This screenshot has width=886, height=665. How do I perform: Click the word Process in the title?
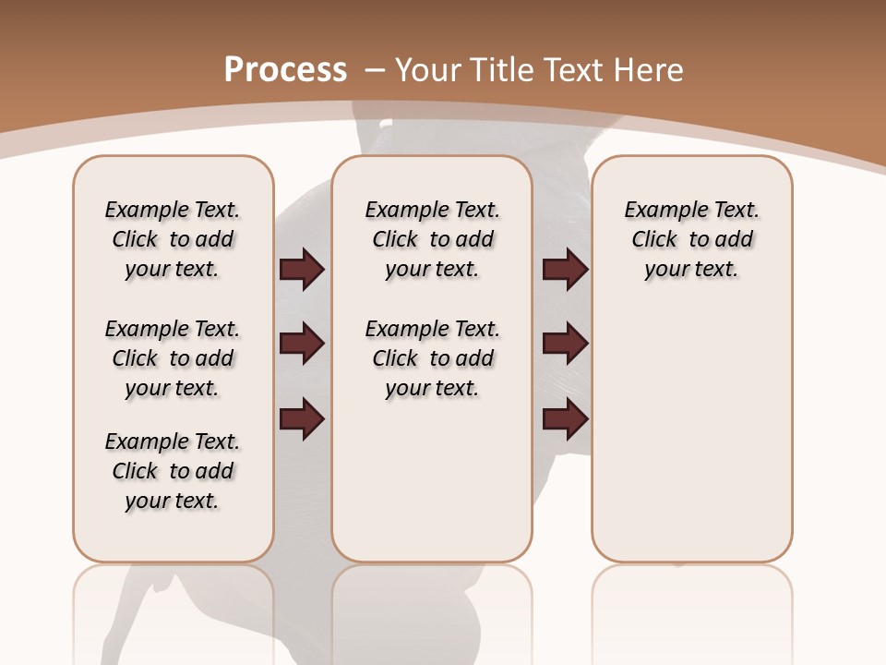(x=285, y=69)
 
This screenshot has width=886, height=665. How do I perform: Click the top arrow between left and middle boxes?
(x=302, y=270)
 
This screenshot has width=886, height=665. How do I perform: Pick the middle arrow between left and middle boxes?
(x=302, y=345)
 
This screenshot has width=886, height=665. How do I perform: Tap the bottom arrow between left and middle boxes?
(x=302, y=418)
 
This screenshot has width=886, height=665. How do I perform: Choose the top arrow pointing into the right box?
(x=565, y=270)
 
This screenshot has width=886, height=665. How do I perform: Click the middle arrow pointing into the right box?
(x=565, y=345)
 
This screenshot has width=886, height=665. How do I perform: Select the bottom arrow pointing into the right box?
(x=565, y=418)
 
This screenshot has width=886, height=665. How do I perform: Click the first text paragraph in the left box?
(x=173, y=239)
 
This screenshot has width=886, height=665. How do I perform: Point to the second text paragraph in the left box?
(x=173, y=358)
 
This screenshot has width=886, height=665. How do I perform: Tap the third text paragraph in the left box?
(x=173, y=471)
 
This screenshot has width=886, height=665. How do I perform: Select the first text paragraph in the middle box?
(x=433, y=239)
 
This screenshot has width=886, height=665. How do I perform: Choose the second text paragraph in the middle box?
(x=433, y=358)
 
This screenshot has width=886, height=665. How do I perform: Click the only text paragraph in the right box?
(x=692, y=239)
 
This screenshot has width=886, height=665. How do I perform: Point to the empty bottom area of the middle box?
(x=432, y=490)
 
